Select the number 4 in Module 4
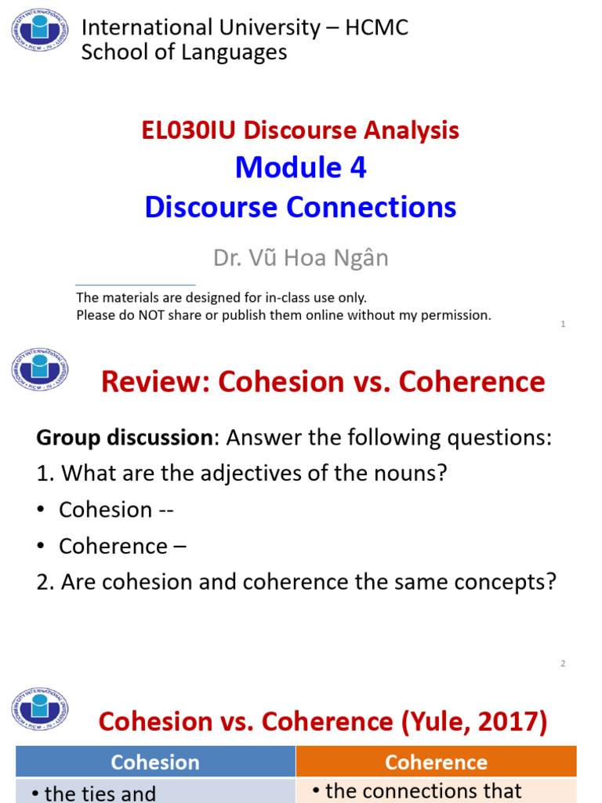pos(359,167)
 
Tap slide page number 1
pos(563,324)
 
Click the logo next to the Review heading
pos(39,369)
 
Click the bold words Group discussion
pos(123,438)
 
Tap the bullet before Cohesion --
pos(41,510)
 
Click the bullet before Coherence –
pos(41,546)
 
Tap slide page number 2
pos(563,663)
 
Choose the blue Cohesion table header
pos(155,762)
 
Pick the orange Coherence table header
pos(436,762)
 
